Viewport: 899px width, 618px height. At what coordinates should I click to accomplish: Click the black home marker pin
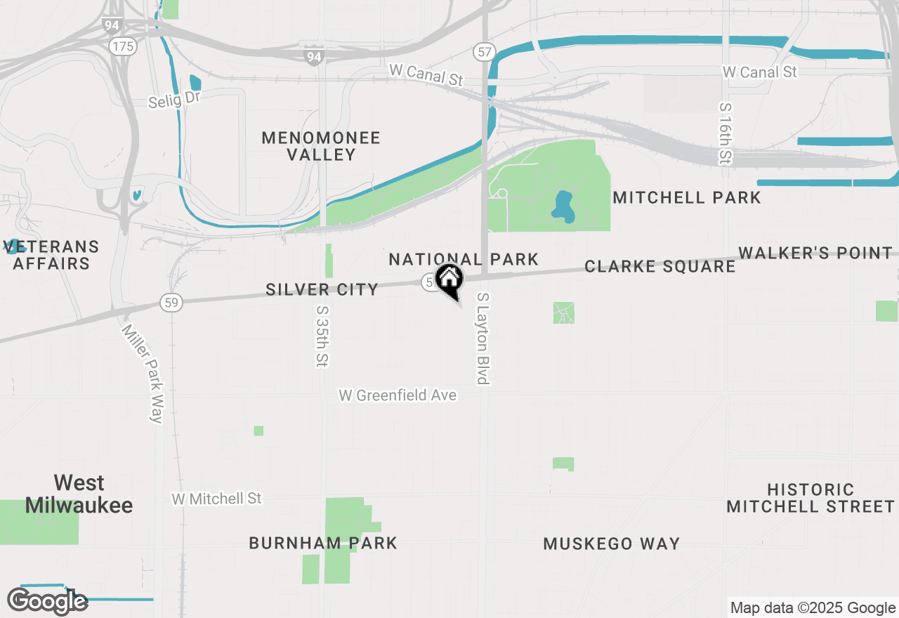coord(449,280)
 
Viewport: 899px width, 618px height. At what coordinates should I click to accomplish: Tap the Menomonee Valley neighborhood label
coord(321,146)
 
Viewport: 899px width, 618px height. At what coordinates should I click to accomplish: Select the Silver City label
coord(322,289)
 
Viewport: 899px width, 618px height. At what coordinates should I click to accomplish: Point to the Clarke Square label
coord(660,267)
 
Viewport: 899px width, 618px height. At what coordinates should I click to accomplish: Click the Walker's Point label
coord(815,253)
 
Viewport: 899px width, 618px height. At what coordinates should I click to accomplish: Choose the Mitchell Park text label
coord(687,198)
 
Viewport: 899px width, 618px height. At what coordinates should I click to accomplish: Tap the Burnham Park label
coord(323,544)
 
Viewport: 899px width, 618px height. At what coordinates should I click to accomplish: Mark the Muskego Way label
coord(612,544)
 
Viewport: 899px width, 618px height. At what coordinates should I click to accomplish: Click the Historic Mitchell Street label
coord(811,498)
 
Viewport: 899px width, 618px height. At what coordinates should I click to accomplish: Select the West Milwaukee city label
coord(79,494)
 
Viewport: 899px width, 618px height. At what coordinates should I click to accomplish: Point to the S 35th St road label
coord(322,336)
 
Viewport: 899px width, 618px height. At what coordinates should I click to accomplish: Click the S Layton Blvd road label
coord(483,338)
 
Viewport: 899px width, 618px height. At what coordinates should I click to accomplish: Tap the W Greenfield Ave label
coord(398,396)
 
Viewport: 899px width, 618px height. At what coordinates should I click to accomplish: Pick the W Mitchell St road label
coord(216,499)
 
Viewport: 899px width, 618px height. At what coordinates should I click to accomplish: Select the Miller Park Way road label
coord(143,373)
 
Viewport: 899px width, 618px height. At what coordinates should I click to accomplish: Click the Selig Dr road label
coord(174,100)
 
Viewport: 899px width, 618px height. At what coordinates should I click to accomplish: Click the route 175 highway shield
coord(122,47)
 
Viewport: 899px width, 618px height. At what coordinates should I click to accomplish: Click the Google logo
coord(47,601)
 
